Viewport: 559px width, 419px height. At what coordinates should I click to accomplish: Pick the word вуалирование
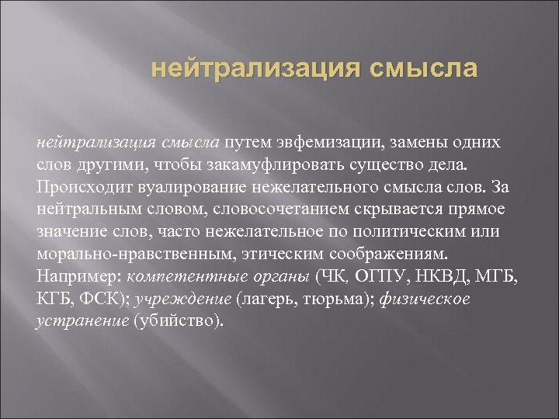click(x=193, y=188)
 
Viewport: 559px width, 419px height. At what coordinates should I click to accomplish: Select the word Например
click(x=78, y=277)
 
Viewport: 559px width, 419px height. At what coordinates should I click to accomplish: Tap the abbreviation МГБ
click(x=495, y=277)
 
